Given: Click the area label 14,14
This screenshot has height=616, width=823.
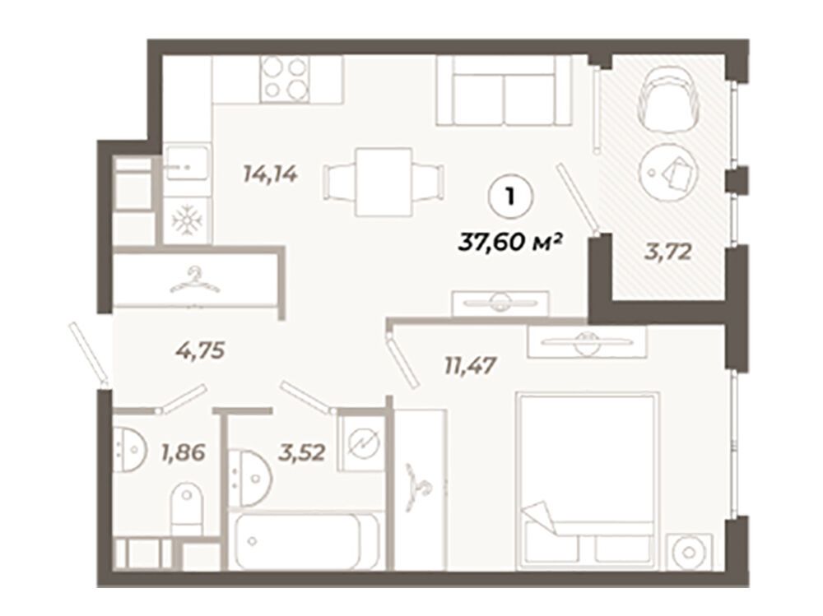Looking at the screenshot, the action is (x=270, y=174).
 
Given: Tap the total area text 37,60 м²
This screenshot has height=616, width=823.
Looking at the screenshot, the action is (x=511, y=243).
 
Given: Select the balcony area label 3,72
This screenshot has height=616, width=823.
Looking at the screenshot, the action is (x=667, y=253).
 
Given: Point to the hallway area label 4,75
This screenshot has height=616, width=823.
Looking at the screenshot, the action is (x=201, y=350).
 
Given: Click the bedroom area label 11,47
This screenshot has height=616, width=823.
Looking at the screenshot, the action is (x=470, y=365).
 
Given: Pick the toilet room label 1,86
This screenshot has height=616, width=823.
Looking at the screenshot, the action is (x=184, y=452).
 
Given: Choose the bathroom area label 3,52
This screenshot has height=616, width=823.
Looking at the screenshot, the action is (x=302, y=452).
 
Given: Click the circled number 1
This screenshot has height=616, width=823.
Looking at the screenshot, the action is (x=510, y=197).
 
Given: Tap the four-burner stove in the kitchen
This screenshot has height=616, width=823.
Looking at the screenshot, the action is (x=285, y=79).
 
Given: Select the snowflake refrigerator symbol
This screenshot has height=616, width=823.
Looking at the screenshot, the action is (x=187, y=220).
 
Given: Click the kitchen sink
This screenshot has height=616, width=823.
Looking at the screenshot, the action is (x=187, y=163).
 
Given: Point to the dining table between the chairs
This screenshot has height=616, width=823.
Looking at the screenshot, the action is (x=384, y=182).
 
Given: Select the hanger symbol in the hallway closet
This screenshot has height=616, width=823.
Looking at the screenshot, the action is (x=195, y=280).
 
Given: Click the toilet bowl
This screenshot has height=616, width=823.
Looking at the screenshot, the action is (x=186, y=508).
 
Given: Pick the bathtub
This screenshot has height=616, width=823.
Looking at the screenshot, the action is (x=306, y=541).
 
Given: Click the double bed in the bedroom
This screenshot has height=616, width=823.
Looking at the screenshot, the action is (x=588, y=480).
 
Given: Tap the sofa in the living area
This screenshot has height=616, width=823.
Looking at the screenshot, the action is (x=504, y=90).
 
